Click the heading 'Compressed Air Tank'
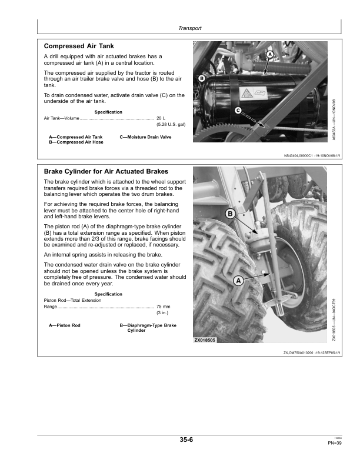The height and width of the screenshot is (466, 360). click(x=79, y=46)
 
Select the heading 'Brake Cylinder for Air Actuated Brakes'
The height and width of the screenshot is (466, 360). click(x=102, y=171)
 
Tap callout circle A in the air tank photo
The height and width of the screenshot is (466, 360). click(x=270, y=55)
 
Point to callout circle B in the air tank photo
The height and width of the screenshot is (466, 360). click(x=201, y=78)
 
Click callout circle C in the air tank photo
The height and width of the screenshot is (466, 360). click(x=238, y=111)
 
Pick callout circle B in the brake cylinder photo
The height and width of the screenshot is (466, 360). click(x=230, y=213)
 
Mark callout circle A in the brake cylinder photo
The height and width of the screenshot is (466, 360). click(x=238, y=281)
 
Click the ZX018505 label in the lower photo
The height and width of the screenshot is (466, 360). click(x=205, y=340)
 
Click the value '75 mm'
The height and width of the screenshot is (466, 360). click(x=163, y=307)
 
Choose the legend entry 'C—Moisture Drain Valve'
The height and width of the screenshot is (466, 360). click(x=145, y=137)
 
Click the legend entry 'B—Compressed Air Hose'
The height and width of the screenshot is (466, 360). click(x=76, y=142)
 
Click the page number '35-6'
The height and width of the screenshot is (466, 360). click(x=187, y=439)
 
